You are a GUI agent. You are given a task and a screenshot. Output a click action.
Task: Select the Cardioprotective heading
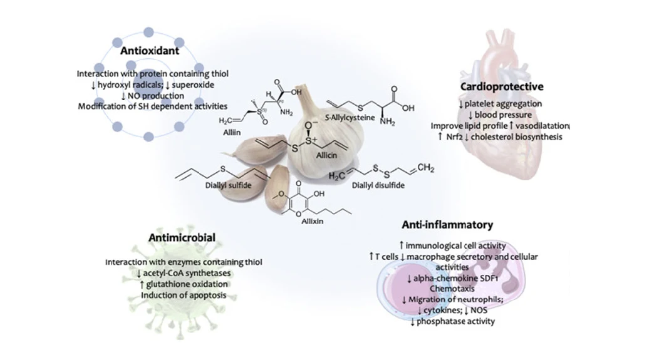point(502,86)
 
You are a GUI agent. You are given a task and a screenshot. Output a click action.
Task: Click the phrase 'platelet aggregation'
point(505,103)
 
